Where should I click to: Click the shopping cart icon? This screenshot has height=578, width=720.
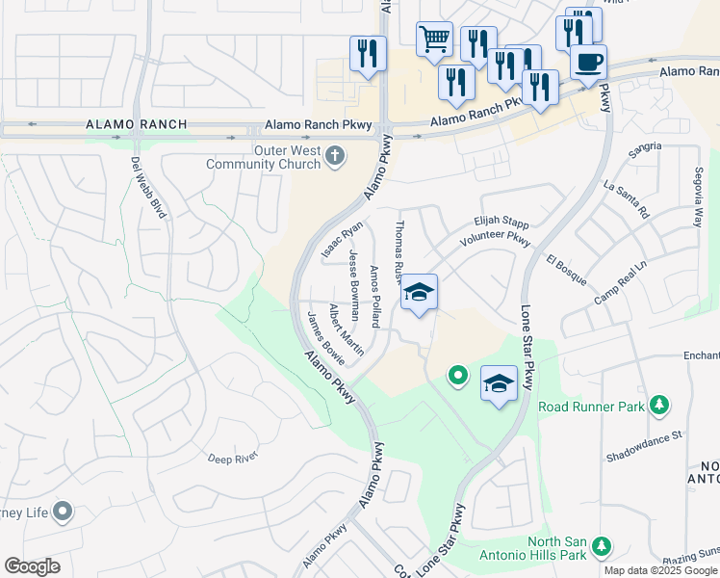(434, 39)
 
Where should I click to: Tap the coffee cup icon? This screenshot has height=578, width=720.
(588, 62)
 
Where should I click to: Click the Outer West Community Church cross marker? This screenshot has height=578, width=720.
(335, 156)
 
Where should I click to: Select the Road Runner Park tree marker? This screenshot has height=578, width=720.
(659, 406)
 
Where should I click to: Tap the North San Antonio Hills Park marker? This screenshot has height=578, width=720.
(602, 547)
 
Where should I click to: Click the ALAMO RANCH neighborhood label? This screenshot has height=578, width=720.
(136, 125)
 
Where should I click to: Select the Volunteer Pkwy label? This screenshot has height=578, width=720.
(495, 238)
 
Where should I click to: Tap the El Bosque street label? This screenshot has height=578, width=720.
(566, 270)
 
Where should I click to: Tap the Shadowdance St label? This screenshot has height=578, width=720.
(644, 434)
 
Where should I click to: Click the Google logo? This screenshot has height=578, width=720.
(32, 566)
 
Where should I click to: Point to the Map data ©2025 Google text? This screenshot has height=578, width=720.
(660, 570)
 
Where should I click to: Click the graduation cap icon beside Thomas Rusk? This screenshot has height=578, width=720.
(419, 293)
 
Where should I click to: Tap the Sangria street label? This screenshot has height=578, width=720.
(644, 146)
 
